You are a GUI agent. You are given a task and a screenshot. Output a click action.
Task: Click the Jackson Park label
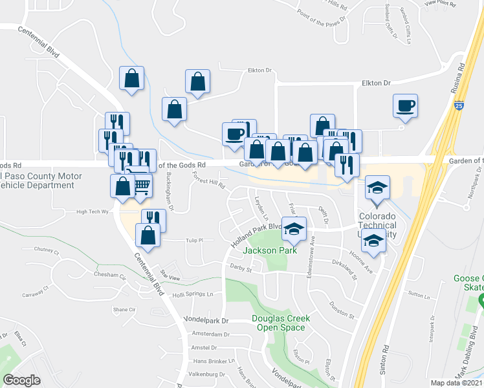269,250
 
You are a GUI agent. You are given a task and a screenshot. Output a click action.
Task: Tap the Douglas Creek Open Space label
280,323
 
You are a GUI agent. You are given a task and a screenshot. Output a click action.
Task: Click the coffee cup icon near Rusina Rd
405,105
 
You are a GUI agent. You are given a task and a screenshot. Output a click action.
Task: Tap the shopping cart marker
142,186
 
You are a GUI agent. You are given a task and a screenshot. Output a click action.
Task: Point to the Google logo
21,380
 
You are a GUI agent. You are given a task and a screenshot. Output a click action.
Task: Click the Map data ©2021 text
456,383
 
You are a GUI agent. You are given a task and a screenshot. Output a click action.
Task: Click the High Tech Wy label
91,211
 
